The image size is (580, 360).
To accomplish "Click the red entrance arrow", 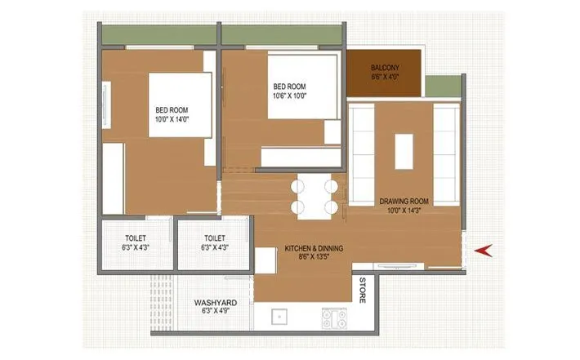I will click(484, 250).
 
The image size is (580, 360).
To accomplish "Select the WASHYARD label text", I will click(215, 302).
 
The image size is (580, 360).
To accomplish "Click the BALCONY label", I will click(384, 67).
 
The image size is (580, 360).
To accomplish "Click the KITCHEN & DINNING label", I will click(314, 247).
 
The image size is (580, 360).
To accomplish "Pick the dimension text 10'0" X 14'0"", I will click(172, 119).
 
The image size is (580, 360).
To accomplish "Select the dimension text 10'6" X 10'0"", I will click(289, 96).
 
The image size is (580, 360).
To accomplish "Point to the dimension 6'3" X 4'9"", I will click(215, 311).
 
